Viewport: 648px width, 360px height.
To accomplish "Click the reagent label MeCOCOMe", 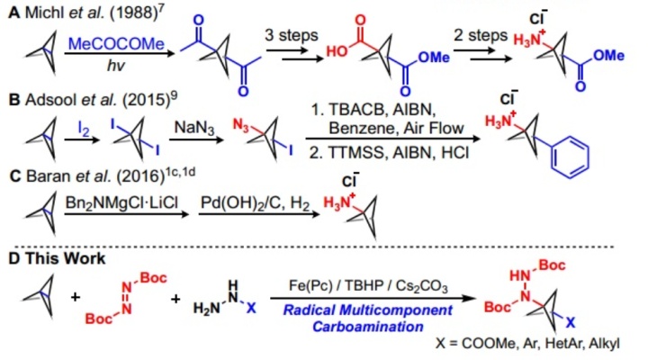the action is click(116, 43).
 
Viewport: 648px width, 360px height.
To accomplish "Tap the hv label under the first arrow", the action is click(116, 66).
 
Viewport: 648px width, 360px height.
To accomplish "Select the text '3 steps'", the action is click(292, 35).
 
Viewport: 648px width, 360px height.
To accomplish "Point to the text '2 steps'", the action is click(481, 35).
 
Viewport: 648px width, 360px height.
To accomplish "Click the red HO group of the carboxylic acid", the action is click(337, 51).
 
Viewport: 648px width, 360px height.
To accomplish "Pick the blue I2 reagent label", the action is click(84, 129).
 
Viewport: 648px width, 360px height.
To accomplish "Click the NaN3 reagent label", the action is click(194, 127).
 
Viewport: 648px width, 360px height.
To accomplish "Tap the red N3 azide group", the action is click(241, 125).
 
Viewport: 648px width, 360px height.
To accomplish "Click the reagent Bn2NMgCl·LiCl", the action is click(121, 202).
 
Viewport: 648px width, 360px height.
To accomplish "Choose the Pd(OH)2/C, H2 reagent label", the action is click(255, 202).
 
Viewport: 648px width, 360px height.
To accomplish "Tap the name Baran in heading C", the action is click(49, 176).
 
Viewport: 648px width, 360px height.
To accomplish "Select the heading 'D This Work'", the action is click(57, 258).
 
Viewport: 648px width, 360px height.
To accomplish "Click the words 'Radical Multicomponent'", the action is click(367, 310).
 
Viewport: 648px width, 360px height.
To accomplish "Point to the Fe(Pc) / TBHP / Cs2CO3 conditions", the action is click(368, 286).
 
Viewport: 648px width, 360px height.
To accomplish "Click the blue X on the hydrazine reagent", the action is click(251, 308).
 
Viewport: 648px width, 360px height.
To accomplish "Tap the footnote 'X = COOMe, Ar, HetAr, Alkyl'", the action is click(527, 343).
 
